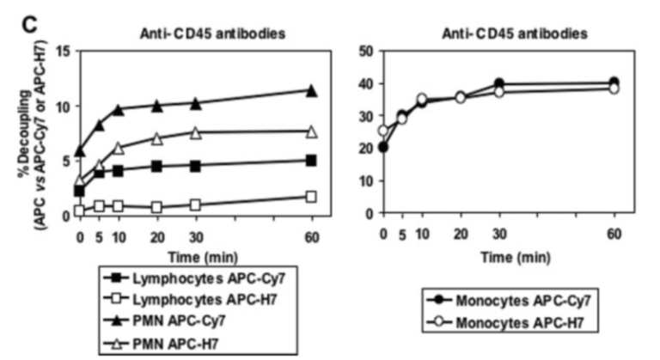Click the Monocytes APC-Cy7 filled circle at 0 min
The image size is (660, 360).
click(382, 147)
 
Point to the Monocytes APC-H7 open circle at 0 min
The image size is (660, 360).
click(382, 131)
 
